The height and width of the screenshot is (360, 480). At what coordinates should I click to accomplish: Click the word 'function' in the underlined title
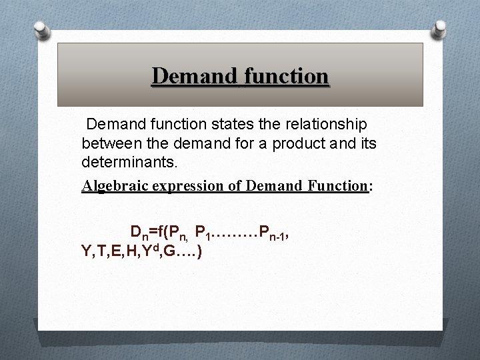pos(287,76)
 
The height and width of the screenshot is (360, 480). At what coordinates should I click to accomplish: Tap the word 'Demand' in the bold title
pos(193,76)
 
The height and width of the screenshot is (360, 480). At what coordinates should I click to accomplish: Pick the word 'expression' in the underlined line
pos(189,186)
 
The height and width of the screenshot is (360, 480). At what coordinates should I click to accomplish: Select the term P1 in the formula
pos(203,233)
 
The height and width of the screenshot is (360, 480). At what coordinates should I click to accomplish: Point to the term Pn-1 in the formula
pos(274,233)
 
